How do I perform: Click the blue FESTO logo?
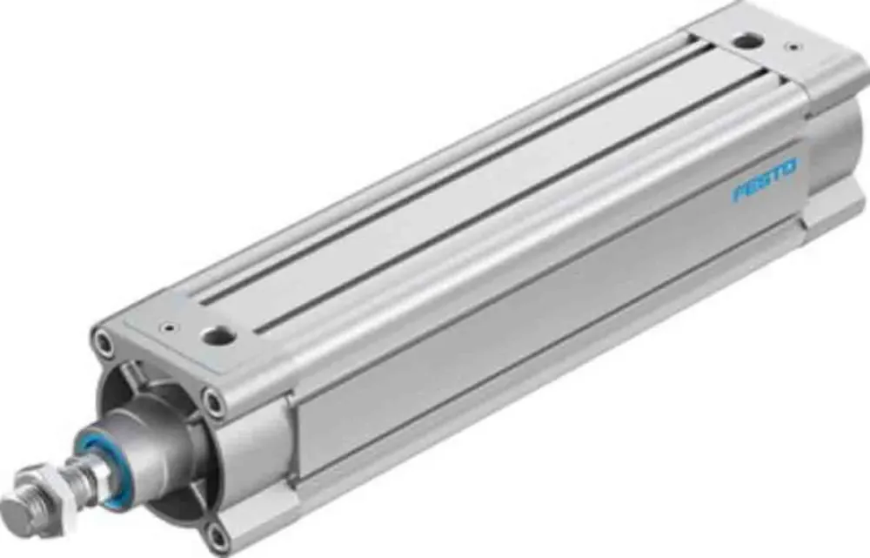(764, 179)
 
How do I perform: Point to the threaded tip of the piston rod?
(16, 508)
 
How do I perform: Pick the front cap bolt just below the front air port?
(211, 401)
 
